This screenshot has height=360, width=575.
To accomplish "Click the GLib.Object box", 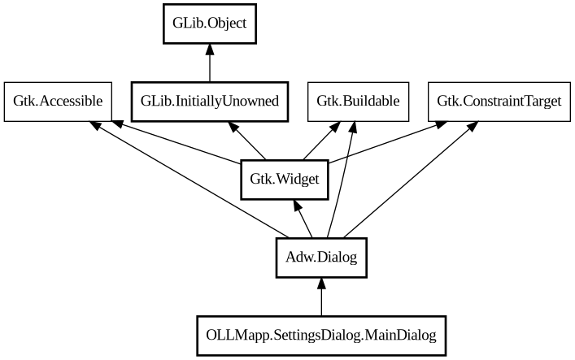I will pyautogui.click(x=210, y=24).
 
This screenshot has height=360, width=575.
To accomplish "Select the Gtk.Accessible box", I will pyautogui.click(x=58, y=102).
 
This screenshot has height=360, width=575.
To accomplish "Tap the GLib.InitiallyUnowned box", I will pyautogui.click(x=210, y=102).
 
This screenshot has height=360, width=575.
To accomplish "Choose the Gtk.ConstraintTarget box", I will pyautogui.click(x=499, y=102).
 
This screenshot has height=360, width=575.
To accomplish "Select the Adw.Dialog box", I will pyautogui.click(x=321, y=258).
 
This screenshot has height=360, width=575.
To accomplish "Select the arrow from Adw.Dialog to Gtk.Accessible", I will pyautogui.click(x=187, y=184).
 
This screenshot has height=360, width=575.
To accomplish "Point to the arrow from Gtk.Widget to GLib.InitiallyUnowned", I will pyautogui.click(x=248, y=141).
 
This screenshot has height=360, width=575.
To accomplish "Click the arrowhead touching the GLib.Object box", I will pyautogui.click(x=210, y=50).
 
